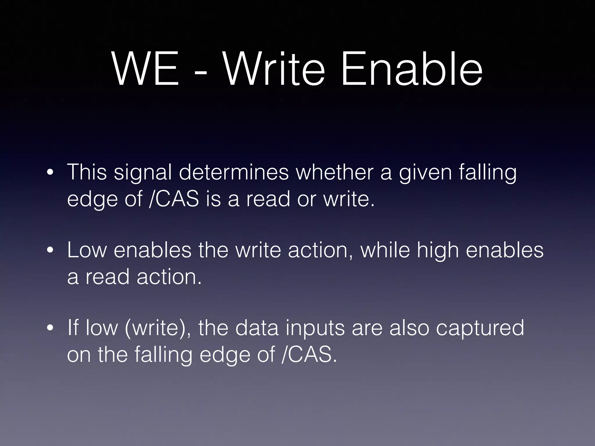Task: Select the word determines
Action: [x=234, y=172]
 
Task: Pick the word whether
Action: [x=334, y=172]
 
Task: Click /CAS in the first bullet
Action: [x=174, y=199]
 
